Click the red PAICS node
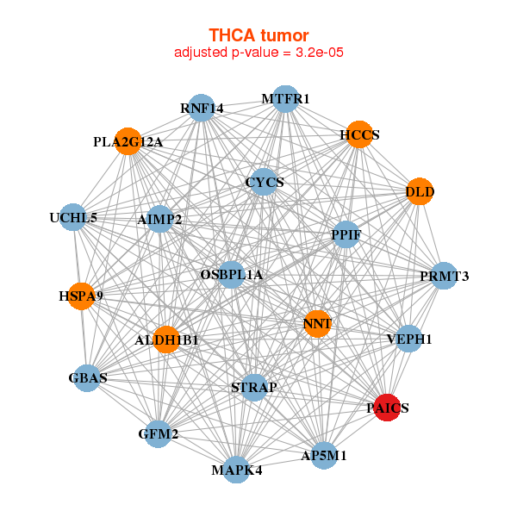click(388, 408)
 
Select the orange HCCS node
click(358, 134)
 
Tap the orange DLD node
click(420, 191)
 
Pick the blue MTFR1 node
click(285, 99)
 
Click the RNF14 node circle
click(202, 108)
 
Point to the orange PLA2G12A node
click(128, 141)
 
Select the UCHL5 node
click(73, 217)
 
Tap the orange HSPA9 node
click(81, 296)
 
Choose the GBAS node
click(87, 377)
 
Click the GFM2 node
click(159, 433)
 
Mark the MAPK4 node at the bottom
click(237, 470)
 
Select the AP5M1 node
click(324, 455)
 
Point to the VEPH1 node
click(409, 339)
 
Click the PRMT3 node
click(444, 276)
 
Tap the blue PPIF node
click(346, 234)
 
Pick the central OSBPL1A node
click(231, 275)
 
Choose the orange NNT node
click(317, 324)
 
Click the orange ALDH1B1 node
click(166, 340)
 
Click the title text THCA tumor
click(258, 35)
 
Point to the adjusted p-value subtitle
click(259, 53)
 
